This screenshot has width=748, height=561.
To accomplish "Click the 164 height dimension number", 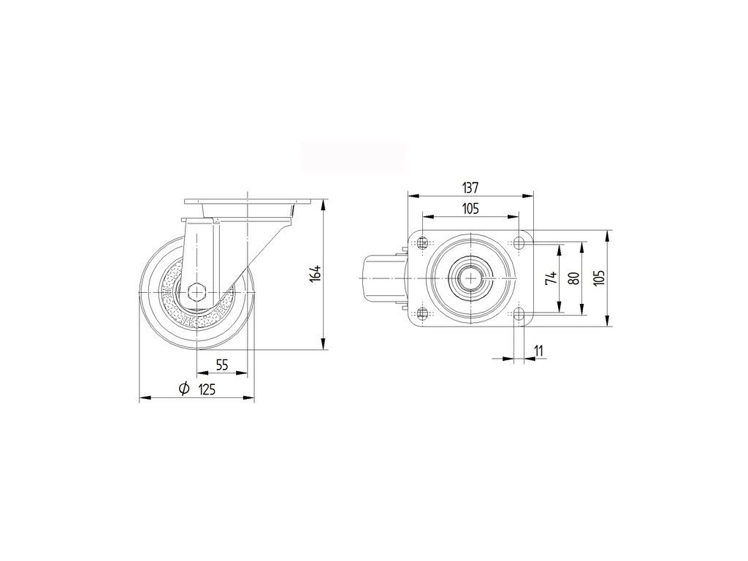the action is pos(315,273).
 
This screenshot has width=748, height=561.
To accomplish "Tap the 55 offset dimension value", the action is pos(222,365).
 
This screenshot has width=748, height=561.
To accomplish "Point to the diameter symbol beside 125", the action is pos(184,389).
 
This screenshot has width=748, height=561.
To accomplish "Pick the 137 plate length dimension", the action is pos(470,187).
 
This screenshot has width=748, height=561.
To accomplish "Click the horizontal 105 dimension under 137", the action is pos(470,209).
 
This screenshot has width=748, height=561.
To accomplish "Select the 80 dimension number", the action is pos(574,278).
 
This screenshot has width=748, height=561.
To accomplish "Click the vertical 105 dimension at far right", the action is pos(600,278).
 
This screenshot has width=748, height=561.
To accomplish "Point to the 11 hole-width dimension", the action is pos(538,351).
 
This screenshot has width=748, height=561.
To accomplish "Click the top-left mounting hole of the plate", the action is pos(423,243).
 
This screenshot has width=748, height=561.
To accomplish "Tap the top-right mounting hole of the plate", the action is pos(518,243).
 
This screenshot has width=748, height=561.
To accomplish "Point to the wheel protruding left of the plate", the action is pos(380,278).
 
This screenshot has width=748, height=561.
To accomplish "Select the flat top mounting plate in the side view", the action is pos(249,201).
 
